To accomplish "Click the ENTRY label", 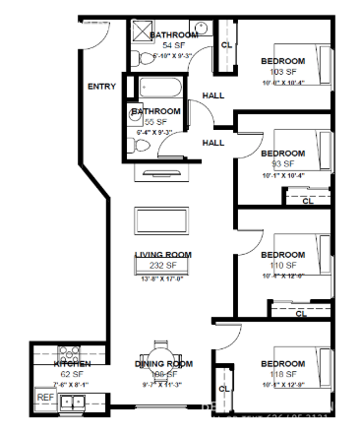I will click(101, 87).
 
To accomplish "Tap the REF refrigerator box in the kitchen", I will click(44, 398).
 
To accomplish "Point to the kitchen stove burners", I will click(69, 352).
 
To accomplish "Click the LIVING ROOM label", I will click(162, 255).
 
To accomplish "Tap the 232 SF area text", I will click(162, 266).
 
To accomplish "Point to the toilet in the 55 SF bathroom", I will click(140, 145).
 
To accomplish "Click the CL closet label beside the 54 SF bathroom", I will click(226, 45).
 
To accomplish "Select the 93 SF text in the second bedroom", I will click(281, 163).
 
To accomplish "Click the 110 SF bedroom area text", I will click(281, 266).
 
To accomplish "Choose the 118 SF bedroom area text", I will click(281, 374).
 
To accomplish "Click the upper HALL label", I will click(212, 95).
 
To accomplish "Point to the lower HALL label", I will click(212, 143).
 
